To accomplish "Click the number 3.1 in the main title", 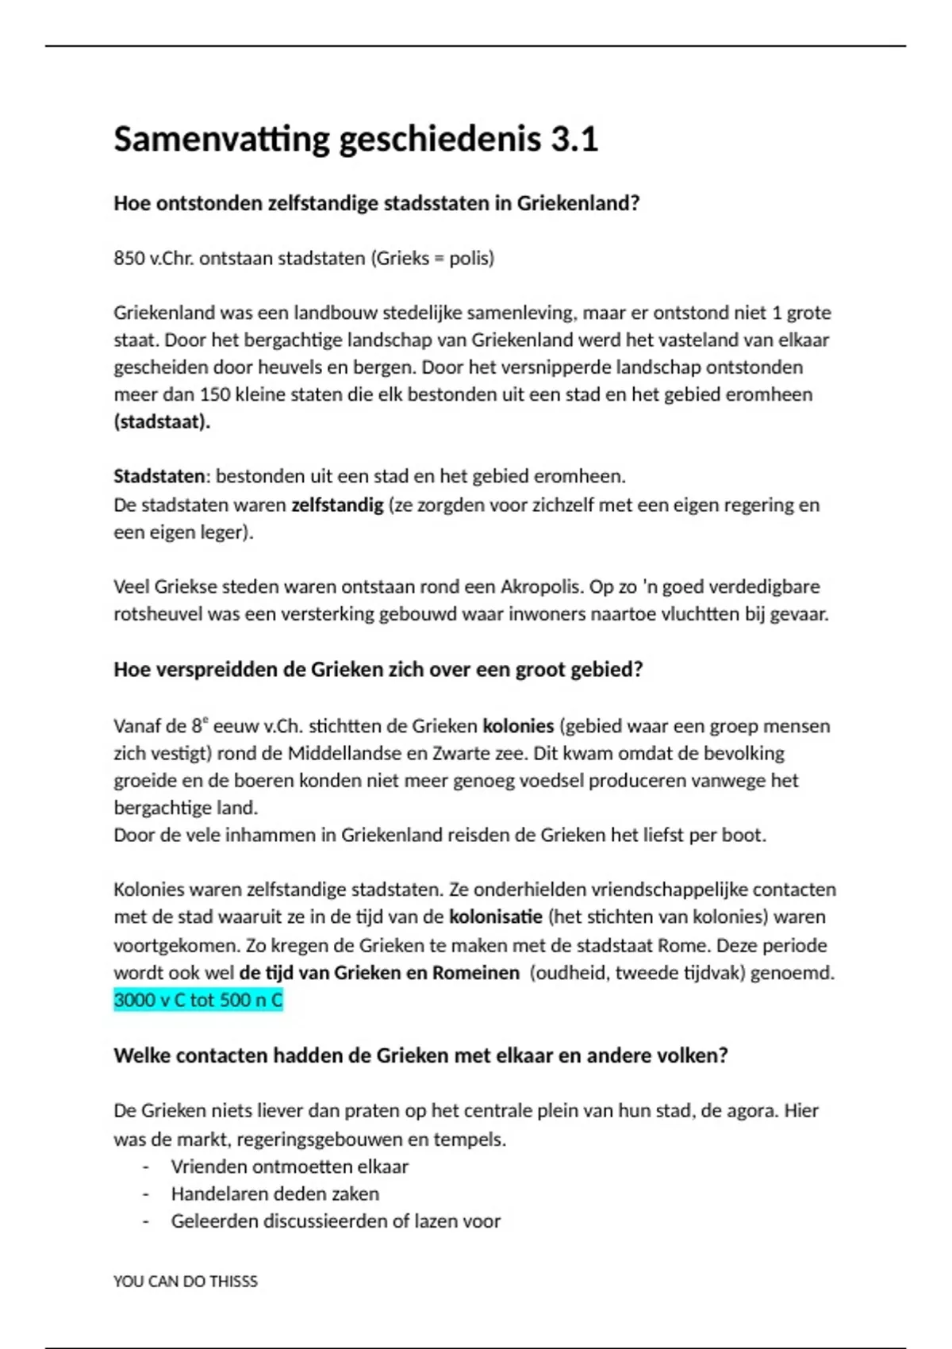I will (x=574, y=140).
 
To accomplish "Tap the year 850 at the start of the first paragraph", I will (x=129, y=259).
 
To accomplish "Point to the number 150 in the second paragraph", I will (x=214, y=394).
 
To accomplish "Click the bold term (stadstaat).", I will (x=162, y=421).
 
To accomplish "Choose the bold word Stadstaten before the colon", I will (x=159, y=476).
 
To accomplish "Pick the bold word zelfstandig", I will (x=337, y=505).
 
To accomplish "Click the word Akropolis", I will (x=541, y=587).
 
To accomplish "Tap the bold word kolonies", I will (x=518, y=726).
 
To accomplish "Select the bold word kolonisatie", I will (x=496, y=917).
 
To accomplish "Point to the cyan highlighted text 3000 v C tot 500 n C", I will (x=198, y=1000).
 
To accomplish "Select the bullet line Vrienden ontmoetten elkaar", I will (x=290, y=1166).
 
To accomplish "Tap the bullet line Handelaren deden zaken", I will (x=275, y=1193).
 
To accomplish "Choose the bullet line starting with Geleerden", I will (x=336, y=1221).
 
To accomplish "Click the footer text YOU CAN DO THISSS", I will (x=186, y=1282).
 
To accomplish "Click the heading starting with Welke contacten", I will (x=420, y=1056).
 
